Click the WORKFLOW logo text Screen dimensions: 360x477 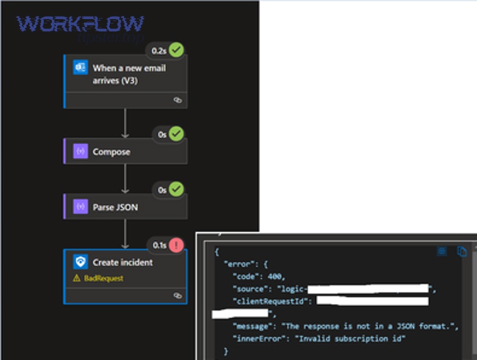(80, 24)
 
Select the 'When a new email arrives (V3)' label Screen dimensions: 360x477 (129, 74)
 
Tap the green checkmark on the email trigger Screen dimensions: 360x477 (176, 50)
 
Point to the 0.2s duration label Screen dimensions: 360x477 (158, 51)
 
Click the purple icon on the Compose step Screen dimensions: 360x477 (81, 152)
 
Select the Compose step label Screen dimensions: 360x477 (111, 152)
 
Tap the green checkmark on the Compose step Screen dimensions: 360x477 (176, 134)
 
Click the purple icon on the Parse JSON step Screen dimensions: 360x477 (81, 207)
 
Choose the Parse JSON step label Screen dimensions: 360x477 (116, 207)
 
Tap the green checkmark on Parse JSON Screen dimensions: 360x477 (176, 189)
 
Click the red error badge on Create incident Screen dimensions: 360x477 (176, 245)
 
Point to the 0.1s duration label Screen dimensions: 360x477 (159, 245)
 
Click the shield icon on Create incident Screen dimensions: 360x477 (81, 262)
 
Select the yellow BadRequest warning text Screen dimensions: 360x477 (104, 278)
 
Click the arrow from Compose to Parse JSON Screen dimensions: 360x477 (125, 179)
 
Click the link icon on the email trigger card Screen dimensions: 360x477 (178, 100)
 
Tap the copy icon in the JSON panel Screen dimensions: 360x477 (462, 252)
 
